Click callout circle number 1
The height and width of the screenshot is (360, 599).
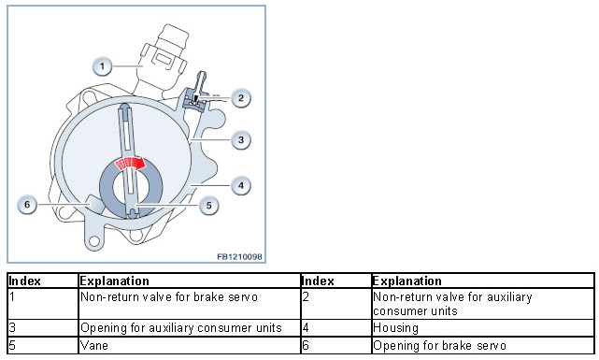(x=102, y=66)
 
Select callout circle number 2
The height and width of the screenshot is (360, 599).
(x=241, y=98)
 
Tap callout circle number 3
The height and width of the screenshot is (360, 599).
(x=241, y=140)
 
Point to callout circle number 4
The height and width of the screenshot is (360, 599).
(x=241, y=186)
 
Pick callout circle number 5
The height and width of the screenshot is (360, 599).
(x=208, y=205)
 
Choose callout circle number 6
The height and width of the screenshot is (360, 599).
(x=27, y=205)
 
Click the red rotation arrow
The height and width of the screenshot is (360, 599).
(x=130, y=164)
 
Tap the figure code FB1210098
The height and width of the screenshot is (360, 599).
(x=239, y=256)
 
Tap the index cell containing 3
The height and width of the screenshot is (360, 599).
(x=43, y=328)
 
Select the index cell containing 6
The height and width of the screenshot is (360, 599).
(x=336, y=345)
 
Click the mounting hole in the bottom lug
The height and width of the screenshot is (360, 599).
(x=94, y=240)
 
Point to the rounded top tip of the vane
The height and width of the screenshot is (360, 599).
(x=125, y=106)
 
